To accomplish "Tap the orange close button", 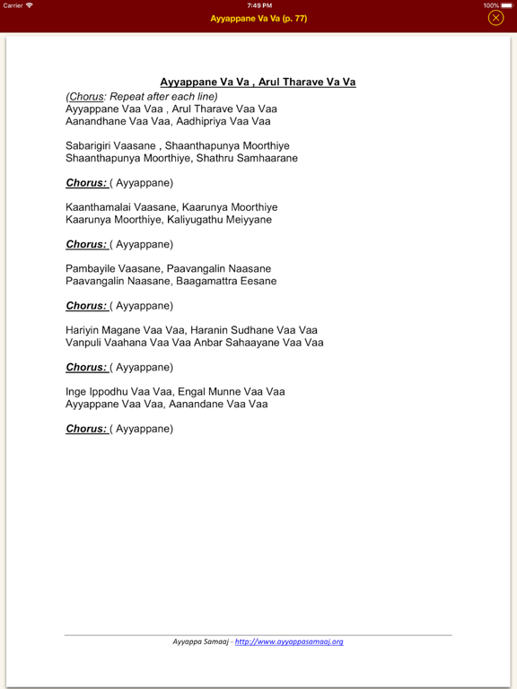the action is (495, 18).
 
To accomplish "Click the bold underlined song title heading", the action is (258, 83).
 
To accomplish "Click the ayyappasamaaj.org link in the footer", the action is (289, 641).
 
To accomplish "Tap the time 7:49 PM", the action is (258, 5).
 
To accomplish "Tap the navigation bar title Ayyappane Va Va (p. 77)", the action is (258, 18).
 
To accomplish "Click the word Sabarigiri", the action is (88, 145).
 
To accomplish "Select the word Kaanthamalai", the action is (97, 206).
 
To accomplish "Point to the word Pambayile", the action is (89, 268).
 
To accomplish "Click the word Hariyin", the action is (82, 330).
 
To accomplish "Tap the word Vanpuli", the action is (84, 343).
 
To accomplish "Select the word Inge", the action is (76, 391).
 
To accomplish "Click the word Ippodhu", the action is (110, 391).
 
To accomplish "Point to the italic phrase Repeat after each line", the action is (164, 96).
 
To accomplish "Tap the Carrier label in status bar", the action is (13, 5).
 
